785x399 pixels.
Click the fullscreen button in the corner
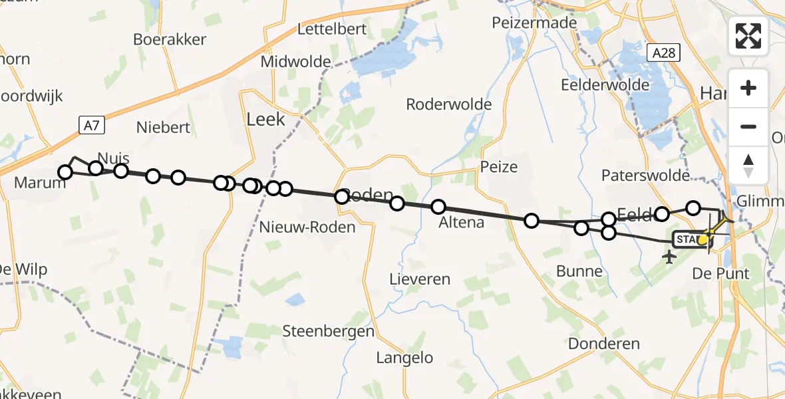(748, 36)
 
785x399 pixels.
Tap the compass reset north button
(748, 165)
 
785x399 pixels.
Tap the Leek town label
(265, 120)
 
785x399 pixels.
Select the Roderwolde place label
(449, 104)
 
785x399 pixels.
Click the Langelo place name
(404, 358)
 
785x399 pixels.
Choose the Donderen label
(604, 344)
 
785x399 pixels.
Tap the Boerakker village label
(170, 39)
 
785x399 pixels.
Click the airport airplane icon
(669, 256)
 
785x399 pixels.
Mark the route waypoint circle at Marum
(65, 173)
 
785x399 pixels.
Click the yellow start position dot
(703, 239)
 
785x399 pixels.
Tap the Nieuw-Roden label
(307, 227)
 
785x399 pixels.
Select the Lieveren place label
(420, 279)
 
